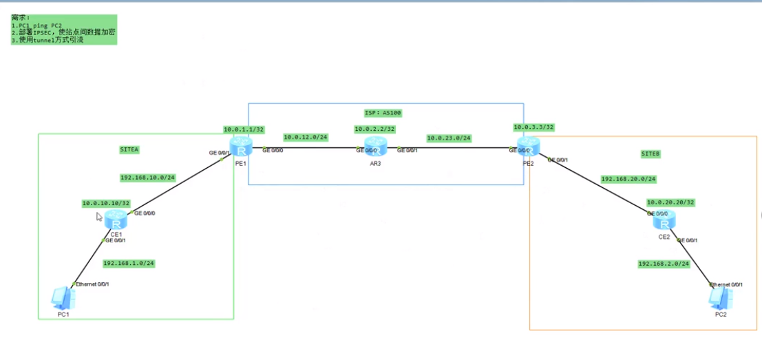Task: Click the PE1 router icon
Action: pos(241,147)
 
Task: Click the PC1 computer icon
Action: pos(63,298)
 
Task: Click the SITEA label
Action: pos(129,149)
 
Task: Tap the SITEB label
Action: pos(650,154)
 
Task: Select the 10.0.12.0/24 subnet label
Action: pos(305,138)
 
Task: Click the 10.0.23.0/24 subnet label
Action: pos(448,138)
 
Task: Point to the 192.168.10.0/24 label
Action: pos(147,178)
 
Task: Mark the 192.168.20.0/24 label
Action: pos(628,179)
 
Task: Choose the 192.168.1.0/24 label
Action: pos(128,264)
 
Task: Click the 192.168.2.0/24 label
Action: pos(664,264)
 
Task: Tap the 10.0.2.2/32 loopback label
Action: pos(374,129)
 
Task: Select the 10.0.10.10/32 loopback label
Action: pos(105,203)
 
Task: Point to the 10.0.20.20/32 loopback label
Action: pos(670,202)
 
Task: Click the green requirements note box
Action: pos(64,30)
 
